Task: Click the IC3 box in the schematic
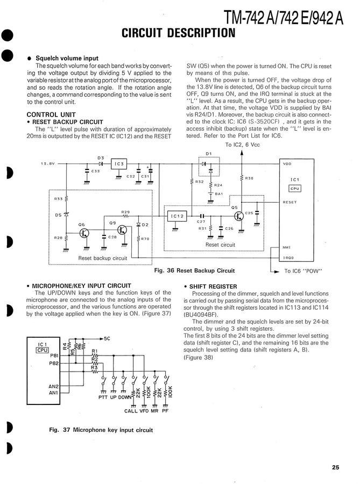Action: pyautogui.click(x=119, y=163)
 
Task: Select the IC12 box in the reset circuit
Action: pyautogui.click(x=178, y=216)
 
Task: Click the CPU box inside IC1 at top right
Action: pyautogui.click(x=295, y=189)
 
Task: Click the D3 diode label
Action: pyautogui.click(x=100, y=157)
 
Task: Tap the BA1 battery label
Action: pyautogui.click(x=218, y=194)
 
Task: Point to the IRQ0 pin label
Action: pyautogui.click(x=288, y=258)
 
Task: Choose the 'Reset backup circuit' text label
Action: pyautogui.click(x=103, y=258)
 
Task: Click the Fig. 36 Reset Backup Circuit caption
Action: pyautogui.click(x=194, y=271)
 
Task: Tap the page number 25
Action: pyautogui.click(x=335, y=467)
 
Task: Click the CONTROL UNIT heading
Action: pyautogui.click(x=51, y=115)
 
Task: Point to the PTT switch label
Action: pyautogui.click(x=103, y=398)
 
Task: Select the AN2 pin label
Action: pyautogui.click(x=53, y=386)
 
